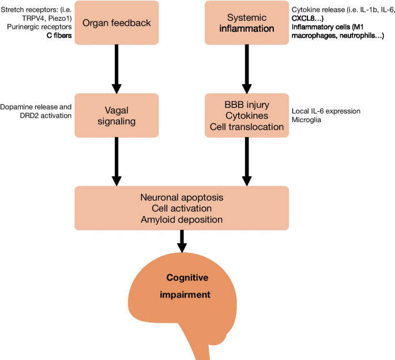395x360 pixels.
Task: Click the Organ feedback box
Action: (x=116, y=23)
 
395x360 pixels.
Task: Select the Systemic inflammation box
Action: (x=246, y=23)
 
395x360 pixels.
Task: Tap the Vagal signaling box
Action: (x=116, y=115)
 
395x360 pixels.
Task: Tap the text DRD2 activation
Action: (x=36, y=116)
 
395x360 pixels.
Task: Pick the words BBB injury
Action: (x=246, y=105)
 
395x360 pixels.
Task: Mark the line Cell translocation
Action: (x=246, y=127)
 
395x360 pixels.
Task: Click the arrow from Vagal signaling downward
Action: (x=116, y=161)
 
